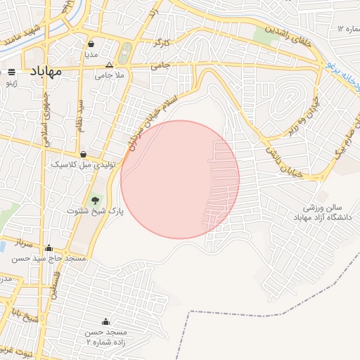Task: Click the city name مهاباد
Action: click(46, 71)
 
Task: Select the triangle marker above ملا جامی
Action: click(108, 64)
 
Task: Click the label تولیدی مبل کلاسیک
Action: click(79, 164)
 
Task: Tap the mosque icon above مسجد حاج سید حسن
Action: click(49, 247)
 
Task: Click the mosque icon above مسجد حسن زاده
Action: click(106, 321)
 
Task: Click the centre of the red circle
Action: click(180, 179)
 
